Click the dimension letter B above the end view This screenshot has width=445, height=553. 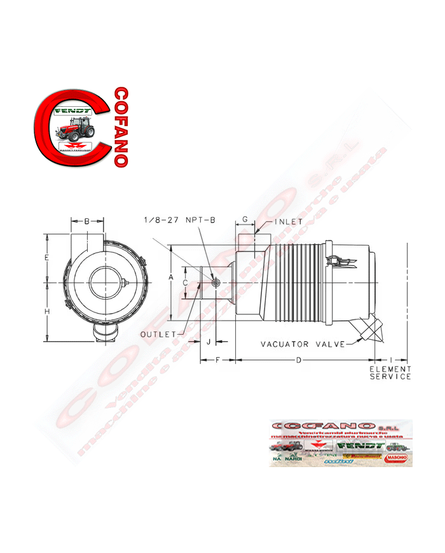coord(87,221)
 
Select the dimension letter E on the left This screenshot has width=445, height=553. coord(46,258)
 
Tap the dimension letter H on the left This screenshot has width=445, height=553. coord(46,311)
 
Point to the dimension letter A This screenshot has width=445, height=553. coord(171,278)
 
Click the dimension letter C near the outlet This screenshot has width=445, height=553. coord(185,283)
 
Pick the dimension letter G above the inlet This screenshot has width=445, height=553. coord(245,220)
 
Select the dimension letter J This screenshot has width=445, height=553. coord(209,342)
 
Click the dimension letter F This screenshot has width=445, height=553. coord(217,360)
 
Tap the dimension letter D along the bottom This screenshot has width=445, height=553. coord(299,360)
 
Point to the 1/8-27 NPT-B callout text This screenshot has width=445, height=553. coord(181,220)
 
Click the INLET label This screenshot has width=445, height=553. coord(289,222)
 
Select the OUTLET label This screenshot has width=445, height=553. coord(158,334)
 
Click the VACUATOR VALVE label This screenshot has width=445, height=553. coord(303,344)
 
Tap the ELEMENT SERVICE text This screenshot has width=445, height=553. coord(390,372)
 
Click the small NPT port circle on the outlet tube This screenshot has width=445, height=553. coord(216,283)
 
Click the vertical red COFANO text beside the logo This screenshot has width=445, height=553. coord(120,127)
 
